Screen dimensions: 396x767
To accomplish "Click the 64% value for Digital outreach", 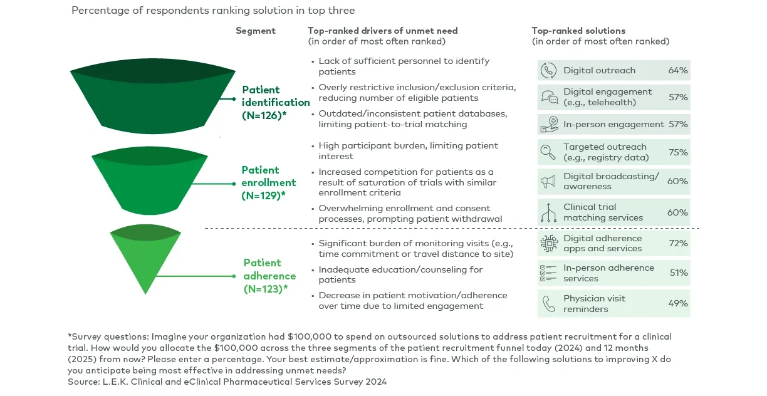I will [x=678, y=70].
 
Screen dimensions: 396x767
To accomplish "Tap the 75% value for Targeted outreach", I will [x=678, y=152].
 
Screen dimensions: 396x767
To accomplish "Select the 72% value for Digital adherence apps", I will [x=678, y=243].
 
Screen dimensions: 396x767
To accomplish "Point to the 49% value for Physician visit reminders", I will [x=678, y=303].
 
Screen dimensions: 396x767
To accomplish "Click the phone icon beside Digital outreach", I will [x=549, y=70].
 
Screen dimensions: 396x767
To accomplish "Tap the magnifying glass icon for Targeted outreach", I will [x=549, y=152].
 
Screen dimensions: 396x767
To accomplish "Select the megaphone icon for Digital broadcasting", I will [x=549, y=182].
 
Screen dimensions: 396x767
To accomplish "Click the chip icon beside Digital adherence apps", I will [x=549, y=244].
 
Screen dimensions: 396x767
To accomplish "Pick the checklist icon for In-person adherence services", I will [x=549, y=273].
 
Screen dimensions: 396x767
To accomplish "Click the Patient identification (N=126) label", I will [x=275, y=102].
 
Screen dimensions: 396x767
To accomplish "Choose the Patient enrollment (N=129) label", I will [x=268, y=182].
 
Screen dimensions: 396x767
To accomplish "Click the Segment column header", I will [x=255, y=31].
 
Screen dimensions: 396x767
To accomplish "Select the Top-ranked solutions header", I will [x=578, y=31].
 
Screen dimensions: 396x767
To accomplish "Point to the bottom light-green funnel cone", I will [x=145, y=260].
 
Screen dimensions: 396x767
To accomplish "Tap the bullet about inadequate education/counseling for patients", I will [x=400, y=274].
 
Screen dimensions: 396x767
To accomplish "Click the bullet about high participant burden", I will [x=408, y=151].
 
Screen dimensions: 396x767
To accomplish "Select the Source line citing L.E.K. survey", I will [x=227, y=382].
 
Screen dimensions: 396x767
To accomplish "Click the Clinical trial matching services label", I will [x=603, y=212].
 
